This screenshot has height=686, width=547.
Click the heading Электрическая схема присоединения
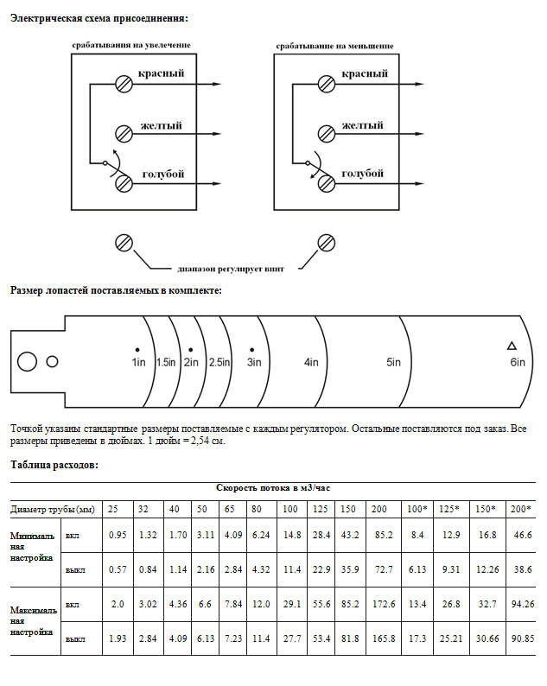[99, 18]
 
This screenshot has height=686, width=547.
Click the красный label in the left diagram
[161, 74]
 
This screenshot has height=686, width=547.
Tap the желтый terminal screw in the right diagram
[326, 133]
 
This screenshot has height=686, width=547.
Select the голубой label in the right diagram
[362, 174]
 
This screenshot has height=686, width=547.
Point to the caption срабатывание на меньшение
[335, 45]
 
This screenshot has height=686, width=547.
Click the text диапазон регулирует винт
[230, 268]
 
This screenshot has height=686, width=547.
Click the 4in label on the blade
[312, 362]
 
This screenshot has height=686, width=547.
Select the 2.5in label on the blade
[219, 362]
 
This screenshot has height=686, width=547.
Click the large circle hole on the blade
[27, 362]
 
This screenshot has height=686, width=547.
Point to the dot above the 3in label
[252, 347]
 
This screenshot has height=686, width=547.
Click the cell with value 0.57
[118, 569]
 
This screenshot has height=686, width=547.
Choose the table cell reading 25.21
[453, 638]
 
